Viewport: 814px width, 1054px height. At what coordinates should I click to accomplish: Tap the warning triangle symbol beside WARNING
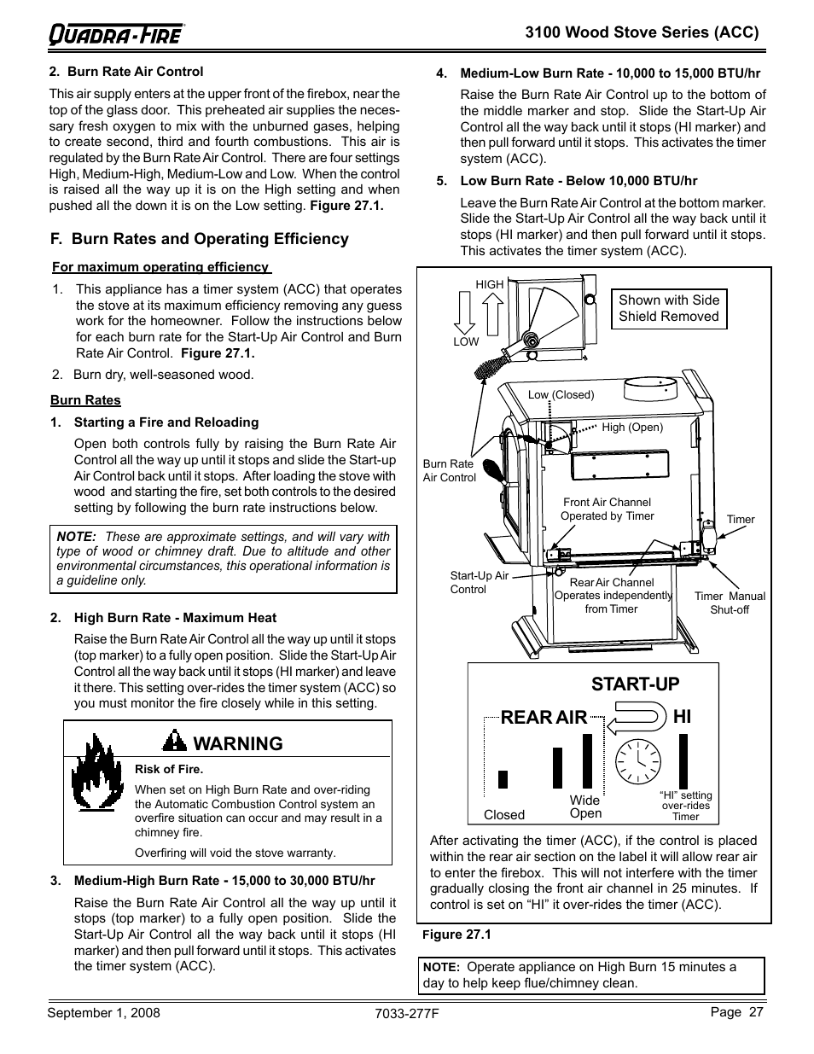174,742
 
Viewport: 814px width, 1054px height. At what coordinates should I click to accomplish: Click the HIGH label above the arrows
490,284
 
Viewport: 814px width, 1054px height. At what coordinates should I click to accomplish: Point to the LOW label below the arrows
466,341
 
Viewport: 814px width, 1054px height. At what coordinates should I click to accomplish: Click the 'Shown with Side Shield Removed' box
669,308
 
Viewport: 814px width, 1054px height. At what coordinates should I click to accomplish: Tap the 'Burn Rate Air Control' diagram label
449,470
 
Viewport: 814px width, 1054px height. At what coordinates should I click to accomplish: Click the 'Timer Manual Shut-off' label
730,603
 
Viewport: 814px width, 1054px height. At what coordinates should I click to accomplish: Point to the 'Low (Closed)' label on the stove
561,394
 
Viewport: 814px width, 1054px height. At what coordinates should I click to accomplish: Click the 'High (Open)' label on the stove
632,427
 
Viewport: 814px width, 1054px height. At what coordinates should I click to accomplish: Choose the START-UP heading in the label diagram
635,684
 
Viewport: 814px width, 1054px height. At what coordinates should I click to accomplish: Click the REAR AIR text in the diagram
544,718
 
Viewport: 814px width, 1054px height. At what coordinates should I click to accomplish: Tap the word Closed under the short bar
503,814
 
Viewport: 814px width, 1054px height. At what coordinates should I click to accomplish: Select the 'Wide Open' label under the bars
585,807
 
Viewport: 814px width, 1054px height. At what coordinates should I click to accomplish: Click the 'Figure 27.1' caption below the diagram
456,935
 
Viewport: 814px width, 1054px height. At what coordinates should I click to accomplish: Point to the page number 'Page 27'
736,1011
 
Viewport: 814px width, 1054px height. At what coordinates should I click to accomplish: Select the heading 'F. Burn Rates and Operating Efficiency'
199,239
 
